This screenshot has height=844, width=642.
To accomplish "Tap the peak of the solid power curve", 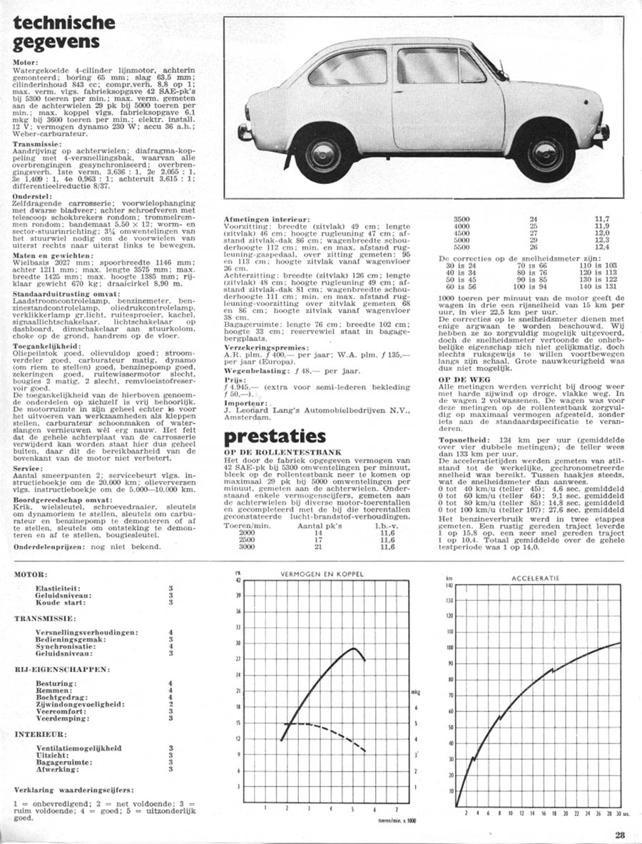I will pyautogui.click(x=354, y=649).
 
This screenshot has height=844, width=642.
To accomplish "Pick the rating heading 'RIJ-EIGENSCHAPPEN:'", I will pyautogui.click(x=63, y=670).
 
